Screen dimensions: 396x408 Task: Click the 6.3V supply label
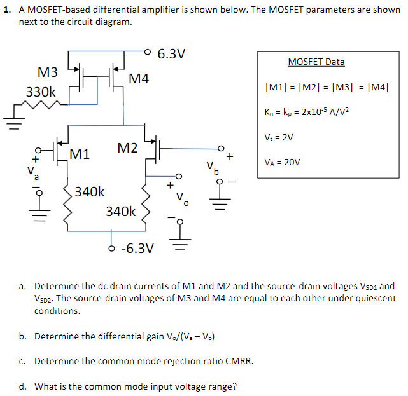pyautogui.click(x=171, y=53)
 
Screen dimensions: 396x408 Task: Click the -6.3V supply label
pyautogui.click(x=136, y=247)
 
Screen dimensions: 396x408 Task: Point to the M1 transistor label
pyautogui.click(x=80, y=153)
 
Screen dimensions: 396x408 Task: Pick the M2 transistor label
pyautogui.click(x=127, y=148)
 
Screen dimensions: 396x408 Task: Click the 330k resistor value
pyautogui.click(x=41, y=92)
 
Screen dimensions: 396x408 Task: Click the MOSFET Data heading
pyautogui.click(x=316, y=62)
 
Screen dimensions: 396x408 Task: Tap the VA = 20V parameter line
pyautogui.click(x=282, y=162)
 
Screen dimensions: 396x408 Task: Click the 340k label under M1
pyautogui.click(x=90, y=191)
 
